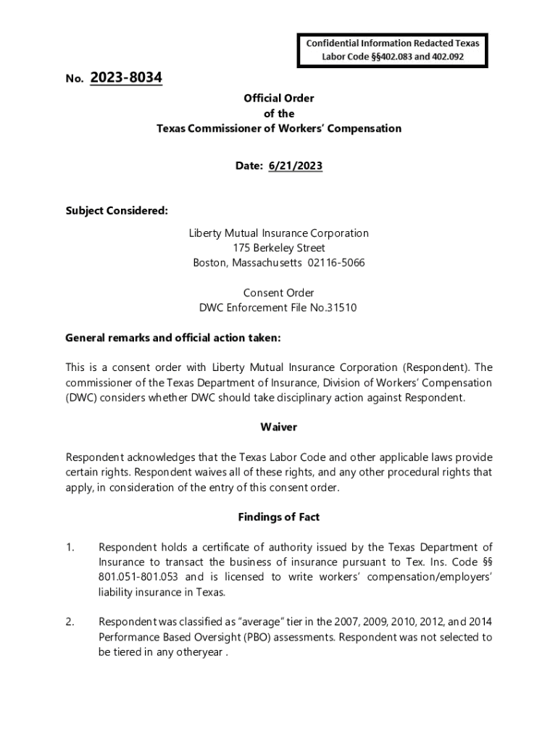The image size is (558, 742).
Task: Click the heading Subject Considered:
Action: pos(117,211)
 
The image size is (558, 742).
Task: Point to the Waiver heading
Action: pos(279,427)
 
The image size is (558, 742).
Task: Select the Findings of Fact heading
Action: pos(279,517)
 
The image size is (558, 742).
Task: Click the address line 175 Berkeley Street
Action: pos(279,248)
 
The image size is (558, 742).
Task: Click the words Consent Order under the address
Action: pos(279,293)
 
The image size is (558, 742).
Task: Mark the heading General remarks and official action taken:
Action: pos(172,338)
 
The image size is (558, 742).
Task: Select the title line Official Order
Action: pos(279,99)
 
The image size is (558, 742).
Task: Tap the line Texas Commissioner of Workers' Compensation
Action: pos(279,128)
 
